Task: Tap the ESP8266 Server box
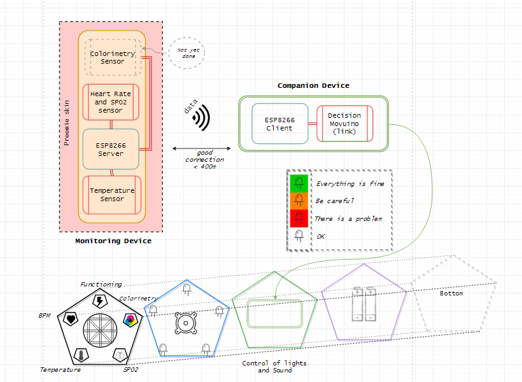[111, 149]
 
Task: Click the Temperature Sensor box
[112, 195]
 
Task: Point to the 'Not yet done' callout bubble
[187, 53]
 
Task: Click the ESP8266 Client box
[279, 124]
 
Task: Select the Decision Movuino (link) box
[344, 124]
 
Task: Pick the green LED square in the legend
[299, 184]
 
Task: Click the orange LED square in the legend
[299, 201]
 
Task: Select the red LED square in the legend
[299, 218]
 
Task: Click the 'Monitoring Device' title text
[113, 241]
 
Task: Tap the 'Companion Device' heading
[313, 85]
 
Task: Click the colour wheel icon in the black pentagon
[129, 320]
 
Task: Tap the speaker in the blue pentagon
[185, 323]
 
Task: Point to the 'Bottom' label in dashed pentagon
[451, 294]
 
